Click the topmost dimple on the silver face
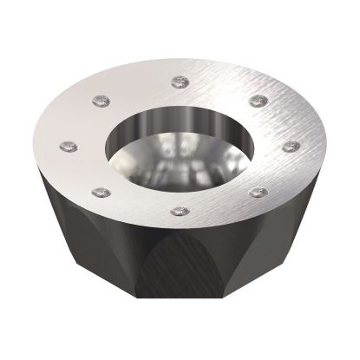click(x=180, y=82)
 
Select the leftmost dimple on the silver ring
click(x=66, y=146)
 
